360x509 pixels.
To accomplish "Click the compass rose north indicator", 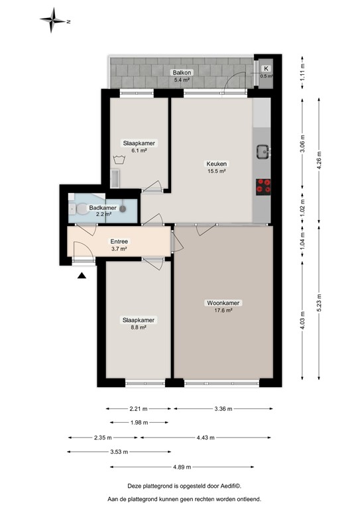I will pyautogui.click(x=53, y=21).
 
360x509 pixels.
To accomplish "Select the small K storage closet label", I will pyautogui.click(x=266, y=69).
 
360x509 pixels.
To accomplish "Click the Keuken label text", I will pyautogui.click(x=217, y=166).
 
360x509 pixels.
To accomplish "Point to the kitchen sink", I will pyautogui.click(x=263, y=152).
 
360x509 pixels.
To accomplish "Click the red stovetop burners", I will pyautogui.click(x=263, y=186).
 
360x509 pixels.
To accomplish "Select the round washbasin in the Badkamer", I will pyautogui.click(x=123, y=207).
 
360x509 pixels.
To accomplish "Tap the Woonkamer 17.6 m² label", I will pyautogui.click(x=223, y=306).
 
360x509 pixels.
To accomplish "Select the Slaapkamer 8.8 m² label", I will pyautogui.click(x=139, y=323).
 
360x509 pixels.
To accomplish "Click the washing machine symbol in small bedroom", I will pyautogui.click(x=119, y=159).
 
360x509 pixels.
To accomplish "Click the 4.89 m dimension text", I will pyautogui.click(x=179, y=467).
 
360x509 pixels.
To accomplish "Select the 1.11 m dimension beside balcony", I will pyautogui.click(x=302, y=70).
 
